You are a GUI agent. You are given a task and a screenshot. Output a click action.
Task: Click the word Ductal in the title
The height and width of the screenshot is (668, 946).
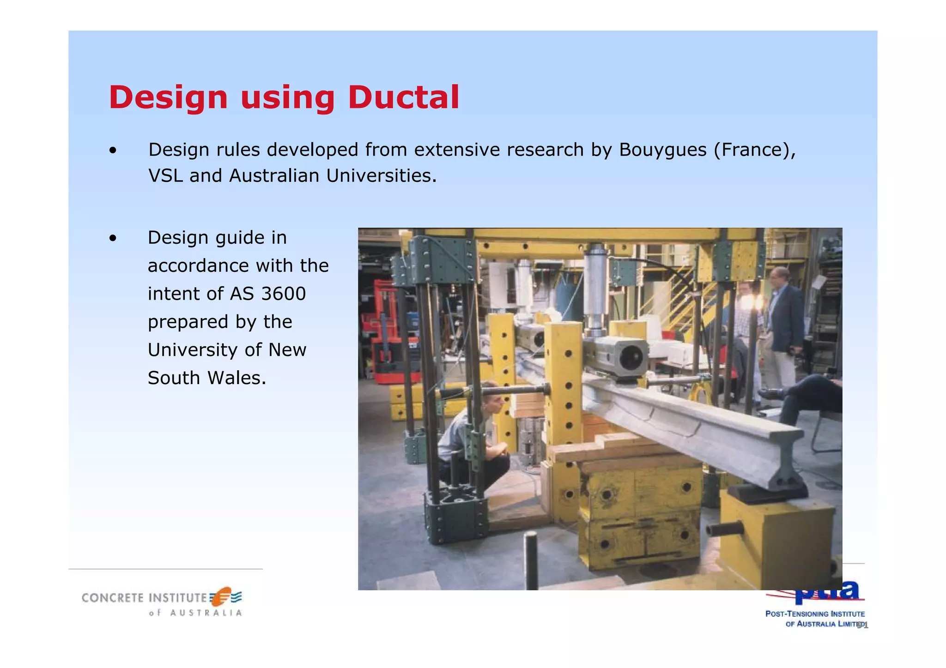[x=403, y=98]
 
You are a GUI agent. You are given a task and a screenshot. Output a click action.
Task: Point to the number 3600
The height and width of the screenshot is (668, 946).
[x=283, y=294]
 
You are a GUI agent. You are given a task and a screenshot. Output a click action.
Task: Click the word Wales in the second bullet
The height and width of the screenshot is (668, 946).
[x=236, y=378]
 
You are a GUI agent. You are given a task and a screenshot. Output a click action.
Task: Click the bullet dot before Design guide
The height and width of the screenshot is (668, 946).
[x=113, y=239]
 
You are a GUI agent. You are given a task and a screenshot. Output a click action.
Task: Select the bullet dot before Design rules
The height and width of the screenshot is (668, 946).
[x=113, y=150]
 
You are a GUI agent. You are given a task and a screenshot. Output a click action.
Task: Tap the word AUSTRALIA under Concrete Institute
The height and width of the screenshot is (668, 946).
[x=206, y=613]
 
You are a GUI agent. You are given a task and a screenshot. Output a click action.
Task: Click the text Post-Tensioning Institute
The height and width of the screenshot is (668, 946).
[x=815, y=614]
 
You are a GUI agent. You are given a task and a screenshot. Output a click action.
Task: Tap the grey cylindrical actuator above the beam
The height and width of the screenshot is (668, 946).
[x=597, y=286]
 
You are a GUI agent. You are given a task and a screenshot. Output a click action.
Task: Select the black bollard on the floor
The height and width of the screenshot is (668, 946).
[x=531, y=560]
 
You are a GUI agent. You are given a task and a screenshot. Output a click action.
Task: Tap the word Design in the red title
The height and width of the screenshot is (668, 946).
[x=168, y=98]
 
